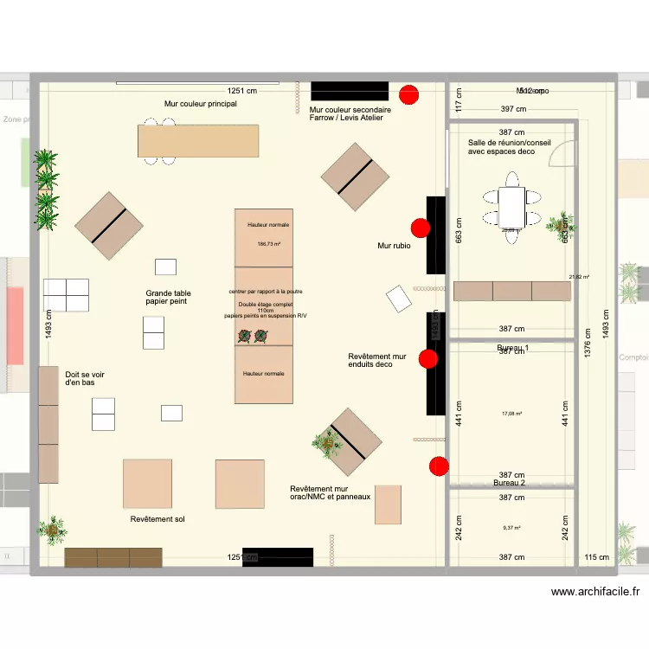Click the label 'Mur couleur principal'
[x=200, y=104]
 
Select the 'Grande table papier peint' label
[x=169, y=299]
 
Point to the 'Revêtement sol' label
[x=157, y=520]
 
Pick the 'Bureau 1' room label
[x=512, y=348]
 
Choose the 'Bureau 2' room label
[x=510, y=483]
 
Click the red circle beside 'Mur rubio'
[x=421, y=228]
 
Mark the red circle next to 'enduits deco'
[x=427, y=359]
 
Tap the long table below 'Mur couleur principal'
[x=198, y=140]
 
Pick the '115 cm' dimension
[x=596, y=557]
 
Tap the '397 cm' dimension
[x=513, y=110]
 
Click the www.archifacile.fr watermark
[x=595, y=592]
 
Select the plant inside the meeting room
[x=561, y=222]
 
